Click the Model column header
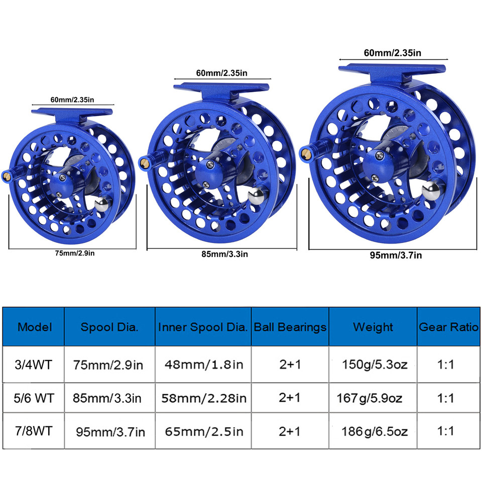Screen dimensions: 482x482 coord(34,327)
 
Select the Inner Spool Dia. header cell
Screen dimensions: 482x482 coord(203,327)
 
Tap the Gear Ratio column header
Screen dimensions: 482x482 coord(448,327)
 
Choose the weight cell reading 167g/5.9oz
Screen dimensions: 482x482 coord(370,398)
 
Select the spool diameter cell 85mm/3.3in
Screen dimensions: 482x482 coord(109,398)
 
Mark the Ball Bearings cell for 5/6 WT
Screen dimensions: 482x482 coord(290,398)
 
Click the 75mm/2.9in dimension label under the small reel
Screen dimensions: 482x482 coord(74,253)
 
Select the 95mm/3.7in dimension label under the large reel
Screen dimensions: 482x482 coord(396,255)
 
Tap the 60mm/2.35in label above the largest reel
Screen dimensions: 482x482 coord(393,53)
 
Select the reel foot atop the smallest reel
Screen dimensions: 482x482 coord(72,112)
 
